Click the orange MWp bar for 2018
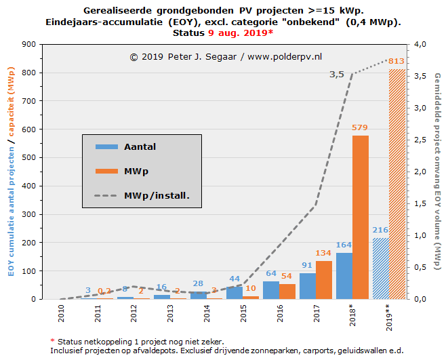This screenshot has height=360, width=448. click(361, 217)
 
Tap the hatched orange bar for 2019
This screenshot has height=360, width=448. click(396, 184)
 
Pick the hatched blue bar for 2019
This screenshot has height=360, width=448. click(381, 268)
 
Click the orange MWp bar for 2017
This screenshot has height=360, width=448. click(324, 280)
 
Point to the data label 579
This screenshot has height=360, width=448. click(360, 127)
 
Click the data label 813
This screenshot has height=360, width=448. click(396, 62)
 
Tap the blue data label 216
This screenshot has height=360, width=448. click(381, 230)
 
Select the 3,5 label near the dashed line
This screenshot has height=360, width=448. click(337, 75)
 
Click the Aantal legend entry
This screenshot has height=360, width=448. click(140, 146)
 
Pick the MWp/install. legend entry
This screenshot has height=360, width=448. click(156, 196)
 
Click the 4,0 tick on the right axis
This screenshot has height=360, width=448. click(421, 44)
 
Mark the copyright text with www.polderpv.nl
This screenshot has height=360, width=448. click(226, 57)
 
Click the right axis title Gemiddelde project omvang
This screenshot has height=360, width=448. click(438, 169)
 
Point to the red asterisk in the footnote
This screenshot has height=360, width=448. click(52, 340)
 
